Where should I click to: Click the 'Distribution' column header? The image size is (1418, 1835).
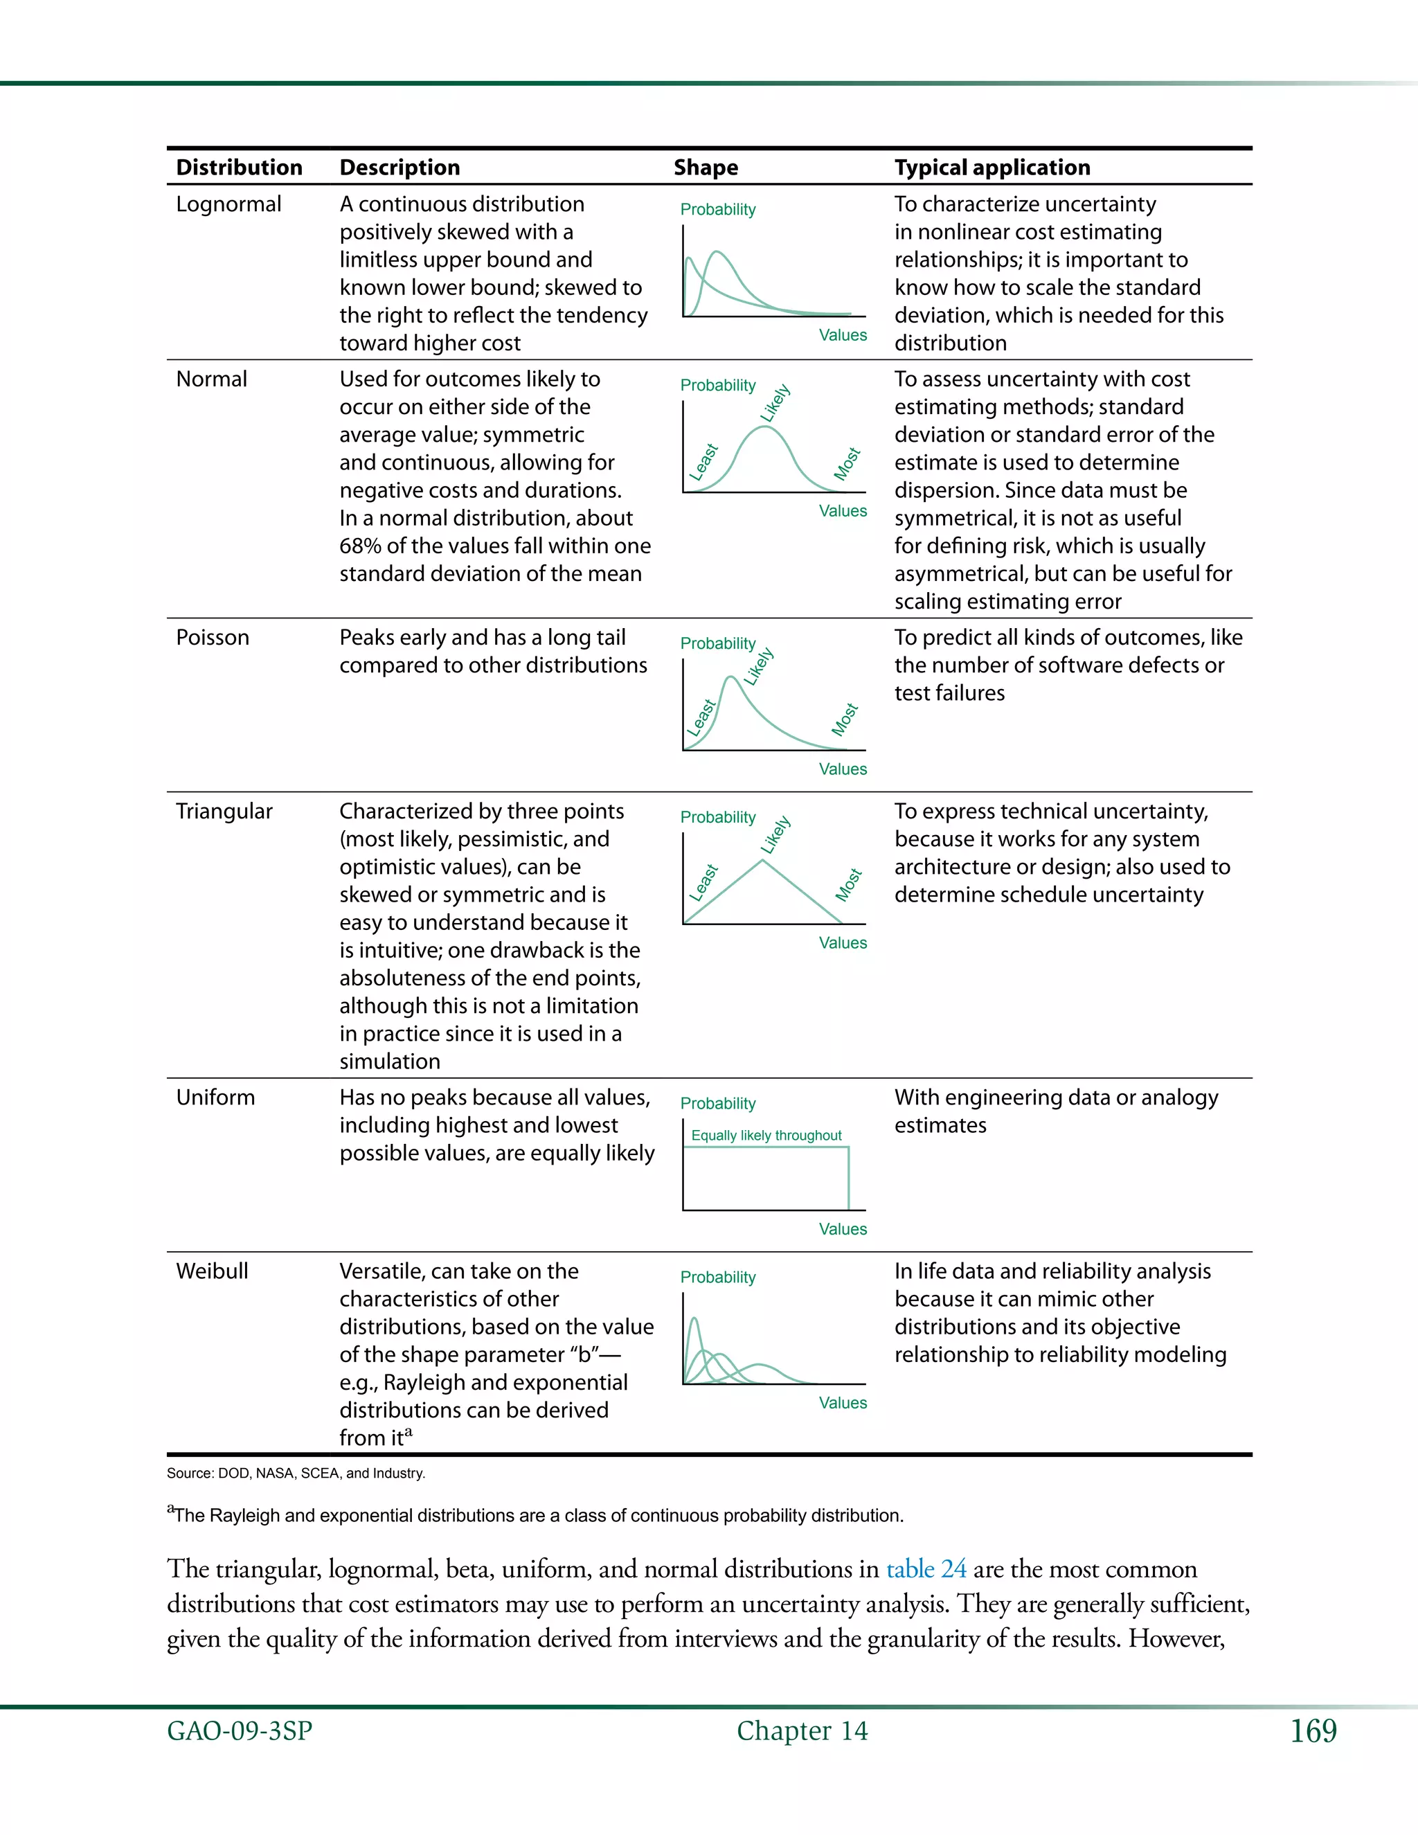point(239,167)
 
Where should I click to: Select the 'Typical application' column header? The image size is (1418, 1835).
point(991,167)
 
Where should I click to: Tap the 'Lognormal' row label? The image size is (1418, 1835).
point(228,204)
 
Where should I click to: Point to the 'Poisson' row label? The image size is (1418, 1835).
point(213,637)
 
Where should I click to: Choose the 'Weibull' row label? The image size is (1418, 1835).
point(212,1271)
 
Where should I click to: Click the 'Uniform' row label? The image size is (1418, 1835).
point(215,1098)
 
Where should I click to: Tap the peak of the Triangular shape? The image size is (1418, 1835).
point(762,861)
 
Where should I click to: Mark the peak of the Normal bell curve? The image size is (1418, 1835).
point(764,428)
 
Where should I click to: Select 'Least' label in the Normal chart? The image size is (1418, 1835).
point(703,461)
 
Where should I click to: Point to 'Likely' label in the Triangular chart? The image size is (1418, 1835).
point(775,834)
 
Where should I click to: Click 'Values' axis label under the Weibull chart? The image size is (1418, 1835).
point(843,1402)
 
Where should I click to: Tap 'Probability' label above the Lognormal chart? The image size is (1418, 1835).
point(717,209)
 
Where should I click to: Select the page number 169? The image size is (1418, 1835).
point(1312,1731)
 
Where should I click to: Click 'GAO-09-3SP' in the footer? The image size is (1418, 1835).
point(240,1731)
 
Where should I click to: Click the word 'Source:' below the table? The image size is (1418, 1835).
point(190,1473)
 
